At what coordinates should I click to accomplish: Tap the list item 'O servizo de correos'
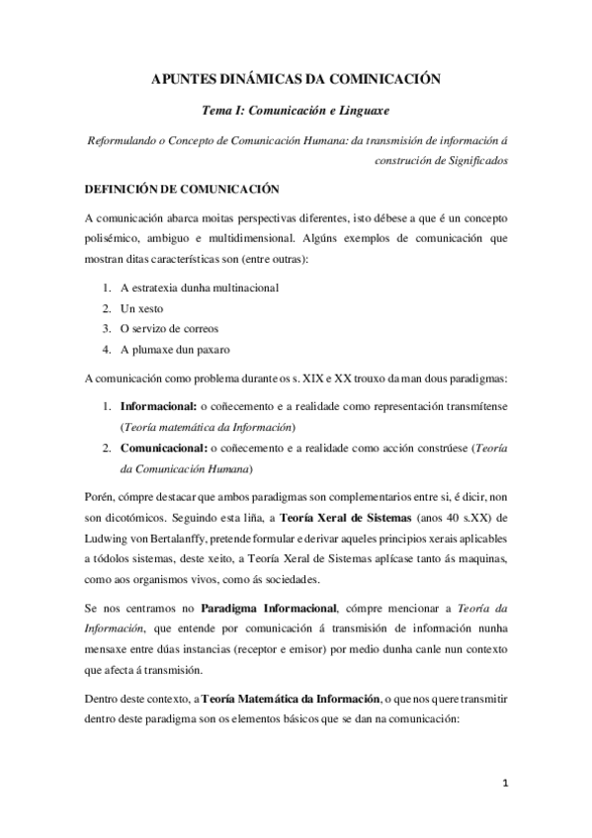tap(169, 327)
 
